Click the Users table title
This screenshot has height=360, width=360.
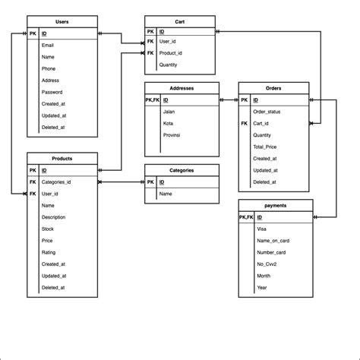pos(62,22)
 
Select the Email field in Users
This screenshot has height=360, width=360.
pos(49,46)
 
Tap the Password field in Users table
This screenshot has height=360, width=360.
pos(52,92)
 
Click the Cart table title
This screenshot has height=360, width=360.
pos(181,22)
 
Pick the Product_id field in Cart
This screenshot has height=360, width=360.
pos(171,53)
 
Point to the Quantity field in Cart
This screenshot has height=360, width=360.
pos(169,65)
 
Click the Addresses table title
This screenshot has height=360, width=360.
pos(182,88)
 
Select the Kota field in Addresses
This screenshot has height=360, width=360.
pos(168,123)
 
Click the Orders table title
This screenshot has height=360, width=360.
pos(273,88)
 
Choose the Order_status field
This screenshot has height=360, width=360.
pos(267,112)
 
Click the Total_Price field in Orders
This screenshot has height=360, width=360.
pos(266,147)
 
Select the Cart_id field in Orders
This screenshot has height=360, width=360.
pos(263,123)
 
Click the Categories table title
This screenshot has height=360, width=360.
pos(182,170)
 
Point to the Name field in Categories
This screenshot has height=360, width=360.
pos(166,194)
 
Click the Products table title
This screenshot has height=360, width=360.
pos(62,158)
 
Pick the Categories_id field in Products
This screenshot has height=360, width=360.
pos(56,182)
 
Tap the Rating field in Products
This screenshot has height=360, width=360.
pos(49,252)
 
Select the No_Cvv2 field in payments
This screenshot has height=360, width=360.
pos(268,264)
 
